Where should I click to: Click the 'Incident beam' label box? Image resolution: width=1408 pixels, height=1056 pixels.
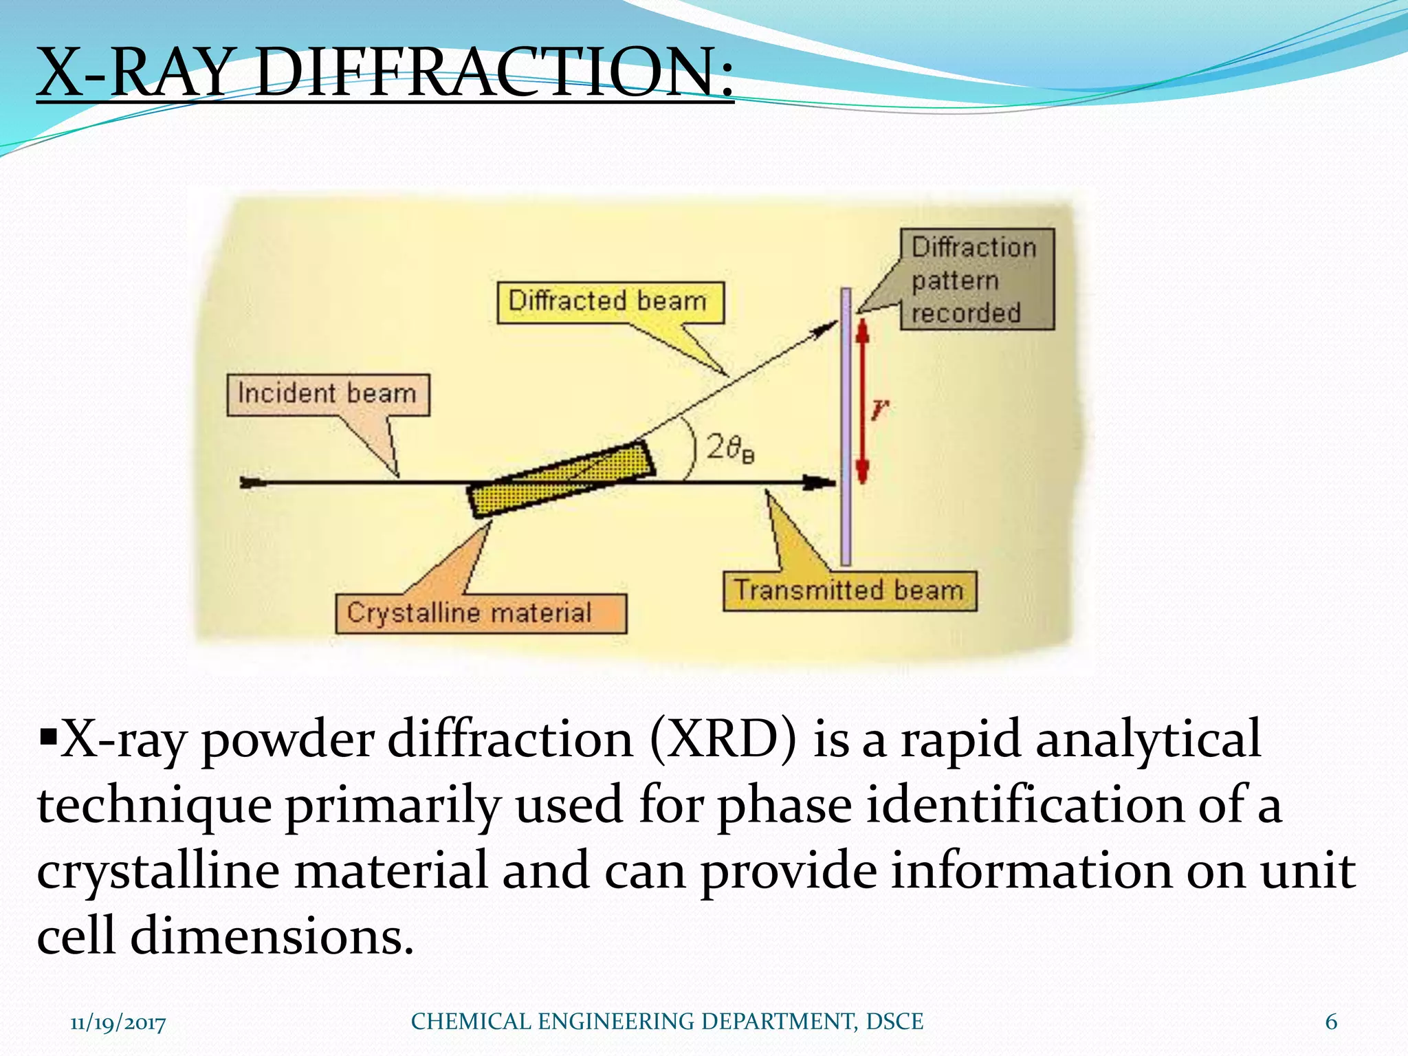pos(328,395)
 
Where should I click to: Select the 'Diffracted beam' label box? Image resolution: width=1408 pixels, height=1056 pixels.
pos(610,302)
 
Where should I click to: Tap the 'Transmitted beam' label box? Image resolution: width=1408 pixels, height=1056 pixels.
pos(849,591)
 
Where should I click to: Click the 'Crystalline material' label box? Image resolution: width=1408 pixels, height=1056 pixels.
pos(481,613)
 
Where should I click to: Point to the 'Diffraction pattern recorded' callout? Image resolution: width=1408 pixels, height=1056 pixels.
pos(976,280)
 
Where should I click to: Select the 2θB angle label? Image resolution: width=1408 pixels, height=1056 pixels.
pos(730,449)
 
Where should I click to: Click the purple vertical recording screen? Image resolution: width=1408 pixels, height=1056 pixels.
pos(846,426)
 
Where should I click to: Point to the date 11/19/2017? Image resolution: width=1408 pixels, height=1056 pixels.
pos(118,1023)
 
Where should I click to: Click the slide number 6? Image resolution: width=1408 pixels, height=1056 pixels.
pos(1331,1022)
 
